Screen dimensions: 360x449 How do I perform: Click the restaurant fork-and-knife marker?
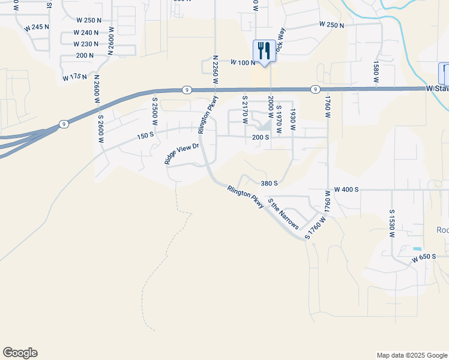pos(264,51)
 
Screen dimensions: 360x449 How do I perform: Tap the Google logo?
pos(20,353)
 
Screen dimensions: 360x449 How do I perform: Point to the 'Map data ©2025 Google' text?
pos(411,355)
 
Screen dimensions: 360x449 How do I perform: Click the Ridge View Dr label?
pos(182,153)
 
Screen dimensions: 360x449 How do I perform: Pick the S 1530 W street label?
pos(391,224)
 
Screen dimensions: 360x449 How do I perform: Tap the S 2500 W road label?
pos(154,111)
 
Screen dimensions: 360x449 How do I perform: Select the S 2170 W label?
pos(245,109)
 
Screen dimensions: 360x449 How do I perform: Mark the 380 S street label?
pos(269,184)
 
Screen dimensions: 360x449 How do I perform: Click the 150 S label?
pos(145,136)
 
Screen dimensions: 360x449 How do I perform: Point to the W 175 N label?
pos(75,77)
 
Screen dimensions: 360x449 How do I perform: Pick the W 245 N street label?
pos(37,28)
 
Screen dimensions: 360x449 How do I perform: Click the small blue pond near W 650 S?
pos(417,248)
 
